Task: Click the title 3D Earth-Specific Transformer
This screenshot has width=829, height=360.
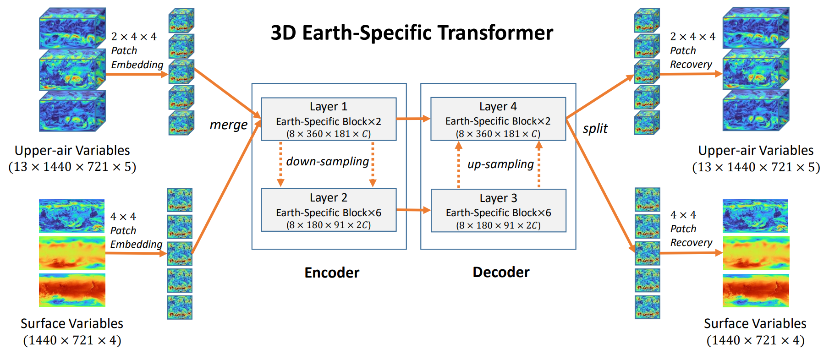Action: (412, 33)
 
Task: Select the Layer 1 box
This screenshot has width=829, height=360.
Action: (329, 119)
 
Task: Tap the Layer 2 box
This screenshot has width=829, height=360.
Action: (329, 210)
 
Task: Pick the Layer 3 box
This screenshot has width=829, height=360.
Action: (498, 210)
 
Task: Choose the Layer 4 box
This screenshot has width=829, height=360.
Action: (498, 119)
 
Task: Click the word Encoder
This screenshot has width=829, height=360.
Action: (332, 273)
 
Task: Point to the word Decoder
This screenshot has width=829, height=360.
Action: (501, 272)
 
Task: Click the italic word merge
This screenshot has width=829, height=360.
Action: (228, 125)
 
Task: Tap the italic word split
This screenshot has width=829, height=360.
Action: (595, 129)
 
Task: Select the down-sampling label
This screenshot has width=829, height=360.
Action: (327, 162)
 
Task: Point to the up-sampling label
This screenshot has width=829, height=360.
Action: (500, 164)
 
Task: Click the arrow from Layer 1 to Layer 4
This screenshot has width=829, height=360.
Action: (413, 119)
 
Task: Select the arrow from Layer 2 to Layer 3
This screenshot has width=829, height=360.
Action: (413, 210)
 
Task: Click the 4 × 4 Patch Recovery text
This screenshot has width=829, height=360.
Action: (691, 229)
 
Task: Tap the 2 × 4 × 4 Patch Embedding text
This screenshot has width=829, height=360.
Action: (137, 50)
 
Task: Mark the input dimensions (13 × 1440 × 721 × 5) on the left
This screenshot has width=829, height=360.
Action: (72, 167)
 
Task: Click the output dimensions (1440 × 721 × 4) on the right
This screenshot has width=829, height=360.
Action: (755, 340)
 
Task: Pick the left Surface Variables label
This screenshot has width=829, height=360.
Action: (72, 323)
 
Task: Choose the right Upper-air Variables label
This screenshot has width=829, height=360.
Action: (756, 150)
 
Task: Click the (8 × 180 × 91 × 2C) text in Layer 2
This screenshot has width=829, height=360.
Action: (329, 225)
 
